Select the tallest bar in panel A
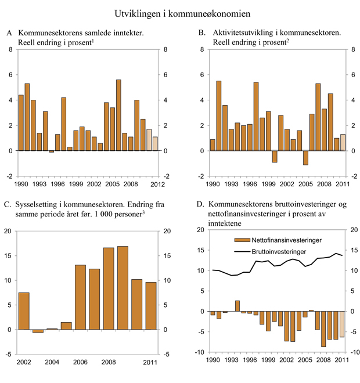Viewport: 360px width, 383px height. [x=118, y=115]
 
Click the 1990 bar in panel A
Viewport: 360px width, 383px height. [x=21, y=123]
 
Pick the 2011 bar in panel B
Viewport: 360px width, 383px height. [x=343, y=142]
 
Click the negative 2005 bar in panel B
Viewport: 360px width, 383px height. [x=305, y=157]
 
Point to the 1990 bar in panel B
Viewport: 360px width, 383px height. [x=212, y=145]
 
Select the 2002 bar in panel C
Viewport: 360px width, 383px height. [x=23, y=311]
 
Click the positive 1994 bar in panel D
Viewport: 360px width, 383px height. [x=237, y=306]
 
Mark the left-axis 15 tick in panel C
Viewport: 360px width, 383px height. [x=8, y=256]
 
